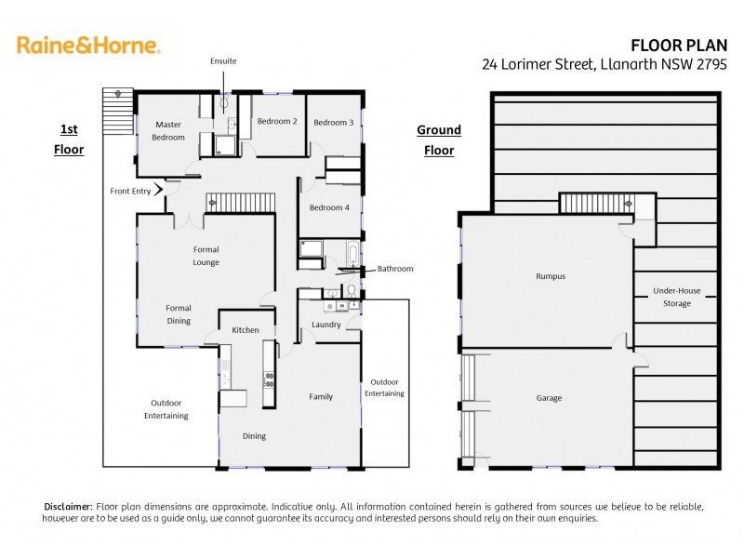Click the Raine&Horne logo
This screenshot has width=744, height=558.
[88, 45]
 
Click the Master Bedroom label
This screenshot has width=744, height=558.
[168, 130]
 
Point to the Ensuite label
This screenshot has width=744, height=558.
[223, 61]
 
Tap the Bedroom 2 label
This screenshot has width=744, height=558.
[277, 121]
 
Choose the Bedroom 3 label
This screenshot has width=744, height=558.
[333, 122]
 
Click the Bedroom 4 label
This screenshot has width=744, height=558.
[329, 207]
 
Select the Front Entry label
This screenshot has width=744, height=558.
[129, 191]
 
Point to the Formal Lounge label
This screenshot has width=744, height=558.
[206, 256]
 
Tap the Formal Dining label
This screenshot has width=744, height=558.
[179, 314]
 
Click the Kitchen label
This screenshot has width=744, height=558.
[246, 330]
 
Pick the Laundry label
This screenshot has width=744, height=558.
[326, 325]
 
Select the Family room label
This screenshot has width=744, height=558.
[321, 396]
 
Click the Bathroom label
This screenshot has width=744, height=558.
[394, 269]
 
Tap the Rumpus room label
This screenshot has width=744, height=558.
[550, 276]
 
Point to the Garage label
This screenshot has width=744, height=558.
[549, 398]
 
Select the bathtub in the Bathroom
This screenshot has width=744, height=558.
[352, 252]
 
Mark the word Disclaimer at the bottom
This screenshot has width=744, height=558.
[68, 506]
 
